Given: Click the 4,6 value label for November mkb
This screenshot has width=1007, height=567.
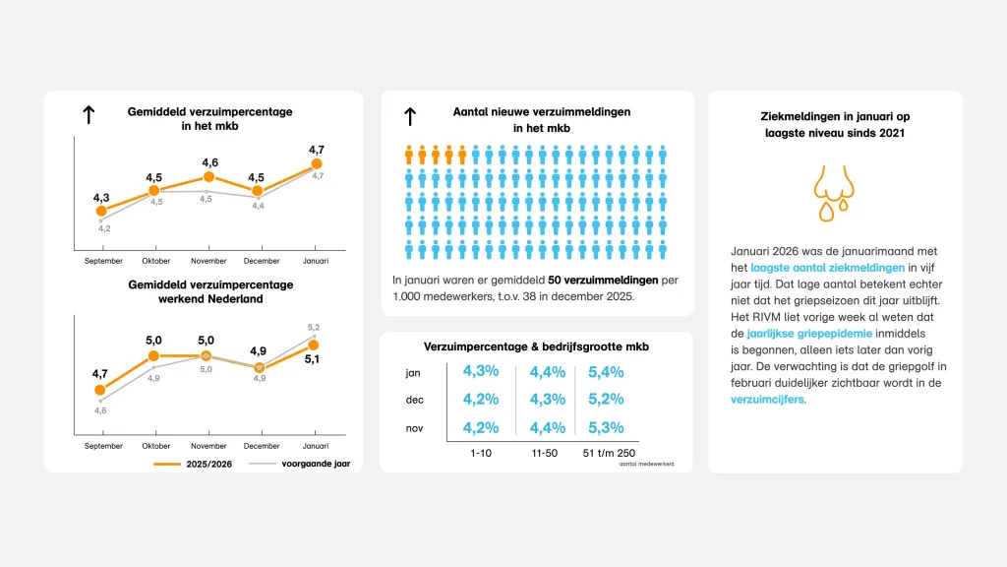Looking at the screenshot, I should click(x=209, y=162).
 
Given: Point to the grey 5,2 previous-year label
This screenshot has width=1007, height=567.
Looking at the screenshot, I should click(x=314, y=327).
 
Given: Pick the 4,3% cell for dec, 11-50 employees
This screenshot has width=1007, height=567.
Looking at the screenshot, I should click(x=548, y=401).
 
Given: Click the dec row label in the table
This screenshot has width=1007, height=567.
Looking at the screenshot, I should click(x=414, y=401).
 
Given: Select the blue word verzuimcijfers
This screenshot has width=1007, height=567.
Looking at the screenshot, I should click(x=768, y=401).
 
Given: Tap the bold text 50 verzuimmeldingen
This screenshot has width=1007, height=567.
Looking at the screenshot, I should click(x=603, y=281).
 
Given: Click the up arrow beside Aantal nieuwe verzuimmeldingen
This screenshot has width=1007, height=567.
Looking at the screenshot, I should click(x=410, y=116).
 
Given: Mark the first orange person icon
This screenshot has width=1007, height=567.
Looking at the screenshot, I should click(x=409, y=155).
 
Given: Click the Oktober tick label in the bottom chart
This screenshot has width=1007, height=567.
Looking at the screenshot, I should click(x=155, y=446).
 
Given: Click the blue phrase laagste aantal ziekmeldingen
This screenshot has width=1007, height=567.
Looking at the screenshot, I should click(x=827, y=267).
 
